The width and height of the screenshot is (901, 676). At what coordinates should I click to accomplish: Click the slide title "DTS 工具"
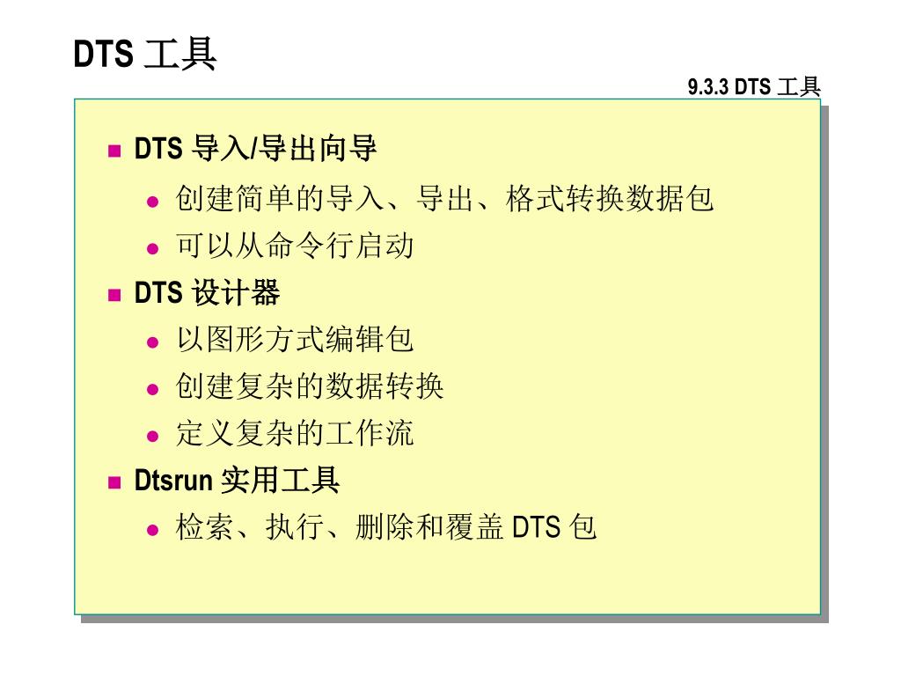tap(145, 55)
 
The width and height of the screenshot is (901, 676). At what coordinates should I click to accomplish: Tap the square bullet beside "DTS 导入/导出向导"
tap(114, 151)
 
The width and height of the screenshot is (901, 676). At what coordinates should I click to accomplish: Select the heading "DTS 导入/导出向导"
tap(255, 149)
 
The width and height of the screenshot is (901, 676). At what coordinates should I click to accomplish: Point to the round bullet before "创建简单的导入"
tap(153, 201)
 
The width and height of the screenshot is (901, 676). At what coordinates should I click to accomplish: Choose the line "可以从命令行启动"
tap(295, 246)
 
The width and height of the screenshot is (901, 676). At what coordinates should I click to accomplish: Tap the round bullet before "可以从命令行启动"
tap(153, 247)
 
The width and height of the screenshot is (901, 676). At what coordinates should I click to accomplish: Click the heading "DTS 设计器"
tap(207, 293)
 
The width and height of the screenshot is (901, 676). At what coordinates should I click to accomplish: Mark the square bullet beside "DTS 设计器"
tap(114, 295)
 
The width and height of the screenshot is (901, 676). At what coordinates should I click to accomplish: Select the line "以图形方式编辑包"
tap(295, 339)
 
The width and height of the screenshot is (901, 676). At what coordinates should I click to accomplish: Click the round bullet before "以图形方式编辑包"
tap(153, 342)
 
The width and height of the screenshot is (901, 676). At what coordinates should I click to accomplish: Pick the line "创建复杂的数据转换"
tap(310, 386)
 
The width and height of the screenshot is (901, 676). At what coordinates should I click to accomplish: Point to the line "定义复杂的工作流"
tap(295, 432)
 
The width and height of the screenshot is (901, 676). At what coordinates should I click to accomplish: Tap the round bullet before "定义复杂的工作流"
tap(153, 435)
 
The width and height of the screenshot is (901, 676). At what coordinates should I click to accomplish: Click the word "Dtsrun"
tap(173, 481)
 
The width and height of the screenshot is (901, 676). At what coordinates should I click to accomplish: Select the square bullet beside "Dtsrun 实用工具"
tap(114, 482)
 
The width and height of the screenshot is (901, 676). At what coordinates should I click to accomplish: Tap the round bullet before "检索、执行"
tap(153, 529)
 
